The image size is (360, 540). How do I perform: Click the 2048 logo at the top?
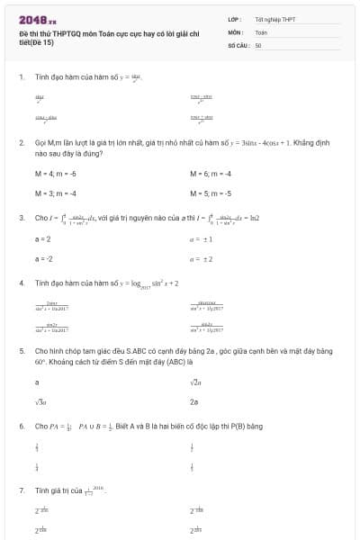37,18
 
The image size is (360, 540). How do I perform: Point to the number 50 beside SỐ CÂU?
258,44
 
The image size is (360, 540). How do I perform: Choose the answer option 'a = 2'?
42,238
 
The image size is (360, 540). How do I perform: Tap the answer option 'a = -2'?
43,258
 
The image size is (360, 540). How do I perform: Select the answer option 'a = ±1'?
200,238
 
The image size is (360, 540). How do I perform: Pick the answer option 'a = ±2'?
200,258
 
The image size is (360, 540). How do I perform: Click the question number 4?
22,283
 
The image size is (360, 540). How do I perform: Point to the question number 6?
22,426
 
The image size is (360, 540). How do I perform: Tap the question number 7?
22,490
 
